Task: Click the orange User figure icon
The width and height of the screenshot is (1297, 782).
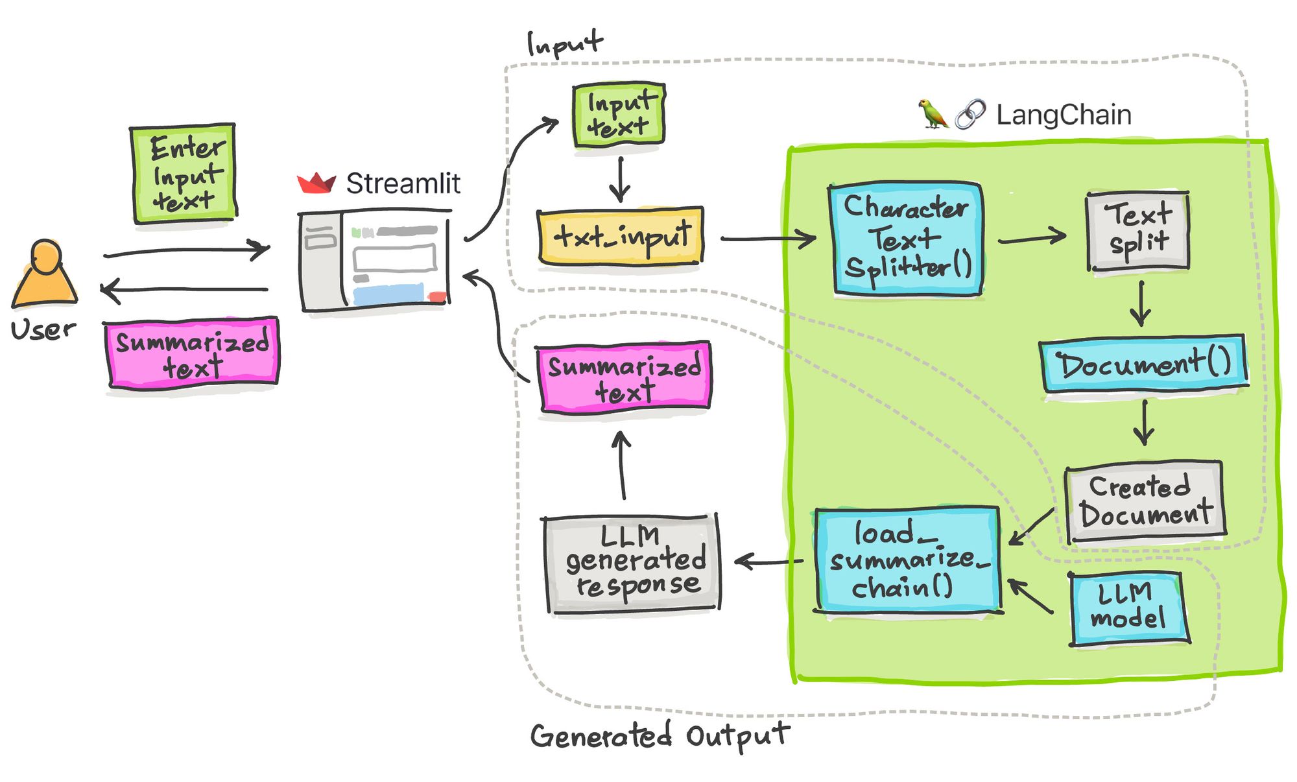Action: click(x=45, y=274)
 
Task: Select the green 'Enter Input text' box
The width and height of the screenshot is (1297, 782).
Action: click(x=184, y=173)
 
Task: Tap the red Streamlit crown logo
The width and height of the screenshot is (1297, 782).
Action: click(x=316, y=183)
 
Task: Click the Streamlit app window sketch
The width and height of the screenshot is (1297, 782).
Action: click(x=375, y=259)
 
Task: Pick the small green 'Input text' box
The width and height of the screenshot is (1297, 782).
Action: click(x=619, y=114)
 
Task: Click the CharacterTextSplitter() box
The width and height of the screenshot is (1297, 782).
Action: click(x=907, y=239)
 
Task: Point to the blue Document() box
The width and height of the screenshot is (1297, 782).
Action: click(x=1144, y=364)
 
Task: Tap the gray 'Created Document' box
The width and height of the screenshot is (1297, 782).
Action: click(x=1145, y=501)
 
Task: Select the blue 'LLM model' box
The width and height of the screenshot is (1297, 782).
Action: click(x=1128, y=608)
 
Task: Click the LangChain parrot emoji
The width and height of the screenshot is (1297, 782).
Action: click(x=933, y=114)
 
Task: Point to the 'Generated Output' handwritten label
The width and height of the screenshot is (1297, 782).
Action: click(x=660, y=736)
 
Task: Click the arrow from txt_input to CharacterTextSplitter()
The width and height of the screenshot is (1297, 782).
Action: click(x=768, y=239)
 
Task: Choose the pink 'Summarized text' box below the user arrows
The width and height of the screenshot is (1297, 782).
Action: click(x=193, y=353)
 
